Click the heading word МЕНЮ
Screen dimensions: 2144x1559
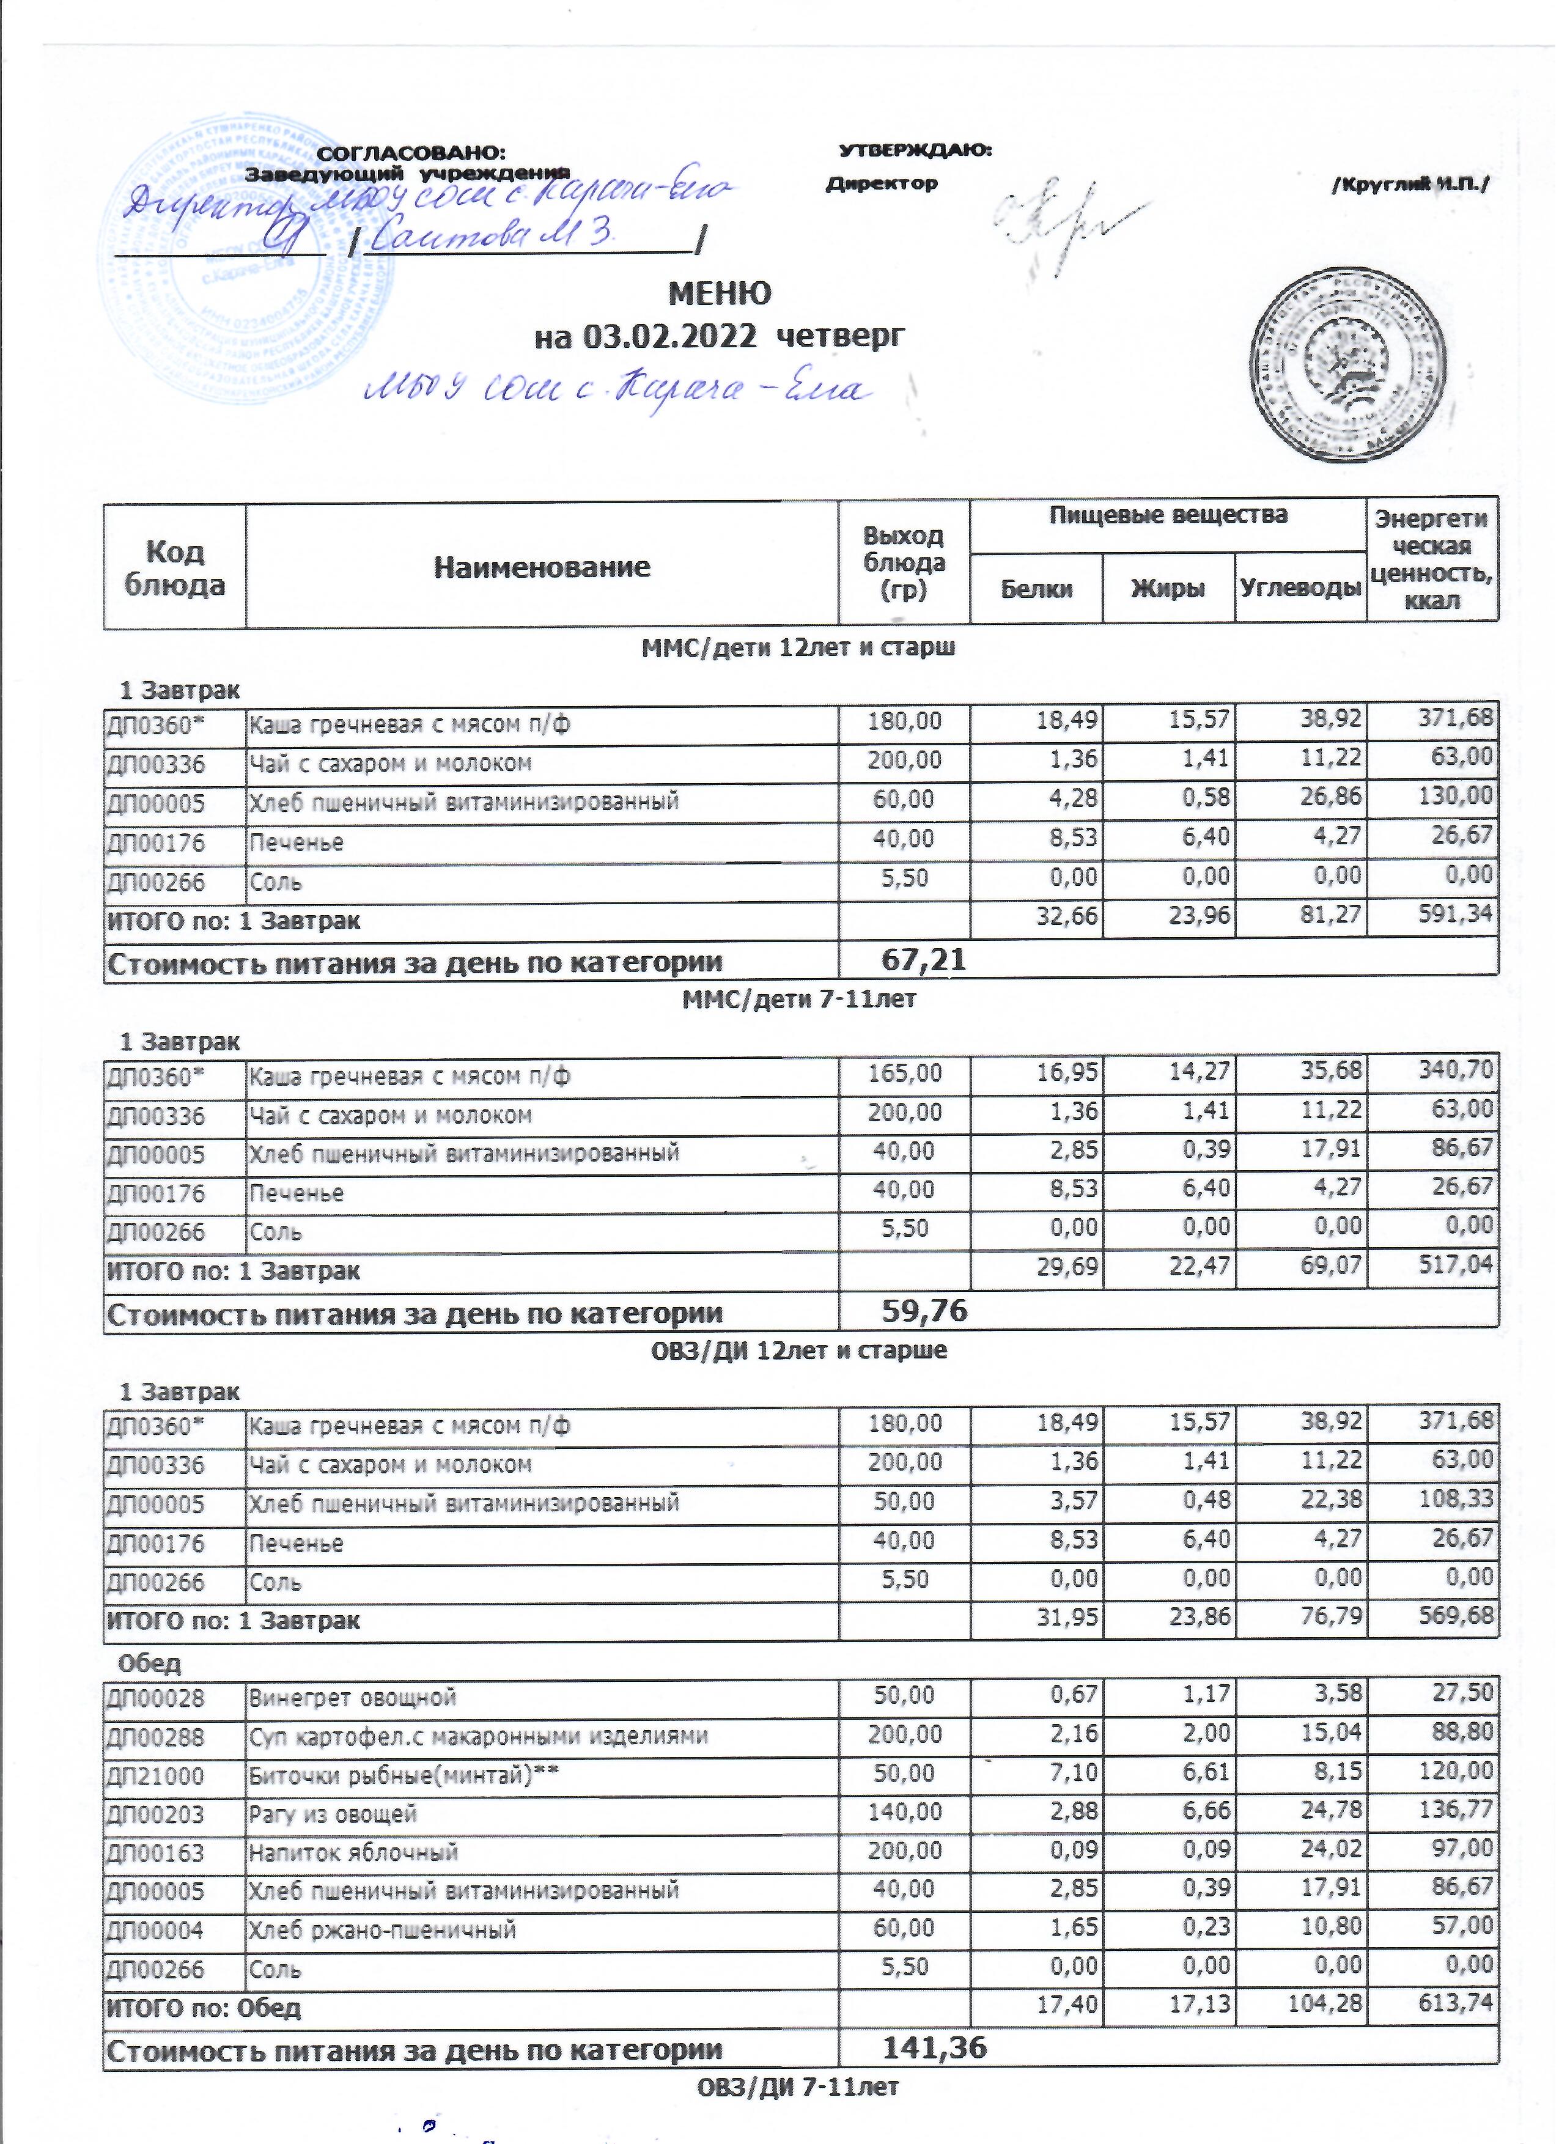coord(720,294)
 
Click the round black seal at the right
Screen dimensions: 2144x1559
coord(1350,364)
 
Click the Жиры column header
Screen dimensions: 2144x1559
coord(1168,588)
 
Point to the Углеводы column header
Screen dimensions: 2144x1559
coord(1300,588)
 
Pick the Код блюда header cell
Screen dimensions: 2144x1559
coord(175,568)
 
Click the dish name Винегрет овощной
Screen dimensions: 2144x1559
coord(353,1698)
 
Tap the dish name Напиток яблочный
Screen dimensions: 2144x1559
coord(353,1853)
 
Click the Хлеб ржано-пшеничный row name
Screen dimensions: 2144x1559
coord(382,1931)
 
